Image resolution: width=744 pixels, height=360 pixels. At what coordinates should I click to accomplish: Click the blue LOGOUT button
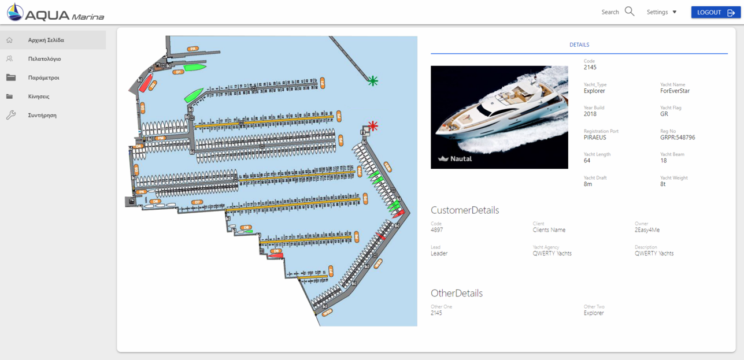(716, 12)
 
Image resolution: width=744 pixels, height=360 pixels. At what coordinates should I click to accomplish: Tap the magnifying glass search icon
(630, 12)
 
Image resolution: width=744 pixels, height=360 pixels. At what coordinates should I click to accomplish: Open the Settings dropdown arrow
(675, 12)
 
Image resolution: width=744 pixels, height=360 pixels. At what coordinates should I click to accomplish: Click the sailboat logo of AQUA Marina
(14, 12)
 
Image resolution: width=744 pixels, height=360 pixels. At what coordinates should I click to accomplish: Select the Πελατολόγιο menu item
(45, 59)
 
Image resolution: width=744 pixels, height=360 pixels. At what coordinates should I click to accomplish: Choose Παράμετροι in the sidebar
(43, 77)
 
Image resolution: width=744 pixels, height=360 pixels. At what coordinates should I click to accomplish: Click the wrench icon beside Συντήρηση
(10, 115)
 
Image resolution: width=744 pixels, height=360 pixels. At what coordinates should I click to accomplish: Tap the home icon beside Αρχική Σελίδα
(10, 40)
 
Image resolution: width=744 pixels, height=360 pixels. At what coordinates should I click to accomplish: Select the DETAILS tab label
(579, 44)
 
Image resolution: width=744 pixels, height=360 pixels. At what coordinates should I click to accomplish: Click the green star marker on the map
(373, 81)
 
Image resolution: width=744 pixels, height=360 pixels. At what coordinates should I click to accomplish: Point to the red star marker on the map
(373, 125)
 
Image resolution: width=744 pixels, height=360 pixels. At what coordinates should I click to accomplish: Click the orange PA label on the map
(193, 49)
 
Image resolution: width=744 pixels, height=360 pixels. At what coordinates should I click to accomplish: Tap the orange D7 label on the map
(197, 202)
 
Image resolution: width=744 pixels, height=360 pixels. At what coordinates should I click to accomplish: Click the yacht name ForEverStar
(675, 91)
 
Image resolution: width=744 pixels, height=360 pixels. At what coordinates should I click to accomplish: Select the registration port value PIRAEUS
(595, 138)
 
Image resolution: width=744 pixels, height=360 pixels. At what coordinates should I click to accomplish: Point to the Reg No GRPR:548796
(678, 138)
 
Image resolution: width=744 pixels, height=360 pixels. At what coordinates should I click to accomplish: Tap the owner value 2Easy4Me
(647, 230)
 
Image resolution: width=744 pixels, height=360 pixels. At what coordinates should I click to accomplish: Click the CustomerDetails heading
(465, 210)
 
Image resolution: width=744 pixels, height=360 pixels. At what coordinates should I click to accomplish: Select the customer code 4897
(437, 230)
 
